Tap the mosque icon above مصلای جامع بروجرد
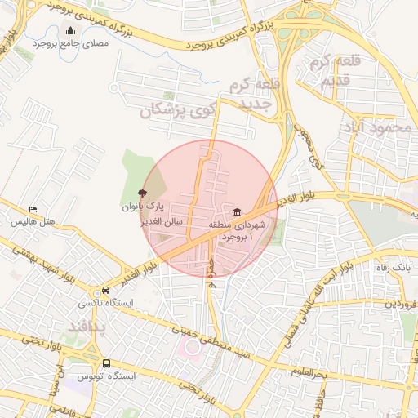[70, 32]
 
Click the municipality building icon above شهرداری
[237, 213]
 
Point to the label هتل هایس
[33, 222]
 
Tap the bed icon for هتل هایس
[33, 210]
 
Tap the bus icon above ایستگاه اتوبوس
[106, 363]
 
